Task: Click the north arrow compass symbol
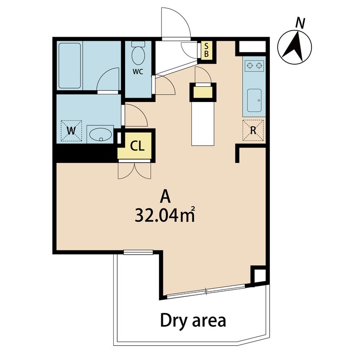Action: click(x=295, y=48)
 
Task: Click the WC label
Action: click(x=138, y=71)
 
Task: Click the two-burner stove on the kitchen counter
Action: click(x=254, y=65)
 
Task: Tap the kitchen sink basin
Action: click(x=254, y=101)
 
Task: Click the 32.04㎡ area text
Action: click(x=165, y=215)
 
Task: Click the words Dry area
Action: click(x=193, y=321)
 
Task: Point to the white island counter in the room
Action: click(x=203, y=123)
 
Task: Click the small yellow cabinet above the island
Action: click(x=203, y=92)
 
